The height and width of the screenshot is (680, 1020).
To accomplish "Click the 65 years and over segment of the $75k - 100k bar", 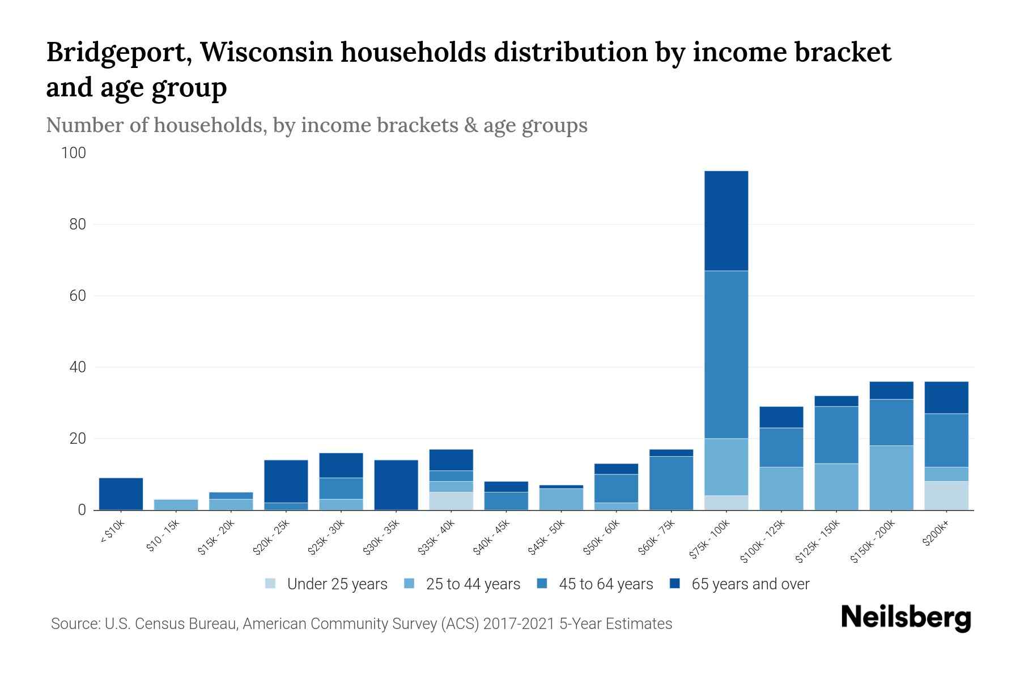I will pos(726,221).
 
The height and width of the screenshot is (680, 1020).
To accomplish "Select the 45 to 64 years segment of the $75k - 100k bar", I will pos(726,354).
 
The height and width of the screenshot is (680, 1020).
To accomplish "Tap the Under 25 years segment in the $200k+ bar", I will pos(946,496).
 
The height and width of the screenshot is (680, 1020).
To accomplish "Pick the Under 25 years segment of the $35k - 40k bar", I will pos(451,501).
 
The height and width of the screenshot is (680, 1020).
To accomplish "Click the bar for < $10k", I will pos(121,494).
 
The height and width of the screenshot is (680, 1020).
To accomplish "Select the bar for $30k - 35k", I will pos(396,485).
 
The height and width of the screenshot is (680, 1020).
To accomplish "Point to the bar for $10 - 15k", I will pos(176,504).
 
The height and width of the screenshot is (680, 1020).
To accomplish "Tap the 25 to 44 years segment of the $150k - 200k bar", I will pos(891,478).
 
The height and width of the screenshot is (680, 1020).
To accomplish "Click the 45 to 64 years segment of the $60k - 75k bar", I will pos(671,483).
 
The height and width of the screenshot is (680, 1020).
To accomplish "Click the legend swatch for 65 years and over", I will pos(675,584).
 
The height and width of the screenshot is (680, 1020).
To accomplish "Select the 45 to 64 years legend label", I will pos(606,584).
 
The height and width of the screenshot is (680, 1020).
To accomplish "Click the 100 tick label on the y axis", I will pos(74,153).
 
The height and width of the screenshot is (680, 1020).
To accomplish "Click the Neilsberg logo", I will pos(906,618).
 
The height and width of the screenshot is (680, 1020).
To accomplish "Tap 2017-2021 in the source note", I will pos(518,624).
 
